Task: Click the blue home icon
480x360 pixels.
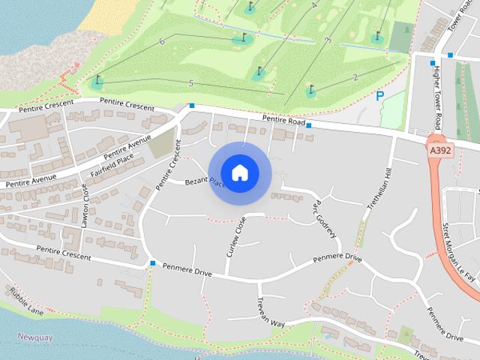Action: pos(239,172)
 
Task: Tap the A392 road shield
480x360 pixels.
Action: pos(440,151)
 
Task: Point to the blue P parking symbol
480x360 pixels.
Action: pos(380,96)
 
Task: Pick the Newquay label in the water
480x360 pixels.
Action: pos(35,337)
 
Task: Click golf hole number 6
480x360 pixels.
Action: pos(162,42)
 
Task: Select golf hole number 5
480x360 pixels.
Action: pos(191,82)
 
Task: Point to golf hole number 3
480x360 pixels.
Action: pos(328,40)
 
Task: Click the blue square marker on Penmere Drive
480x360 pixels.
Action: pos(152,264)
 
